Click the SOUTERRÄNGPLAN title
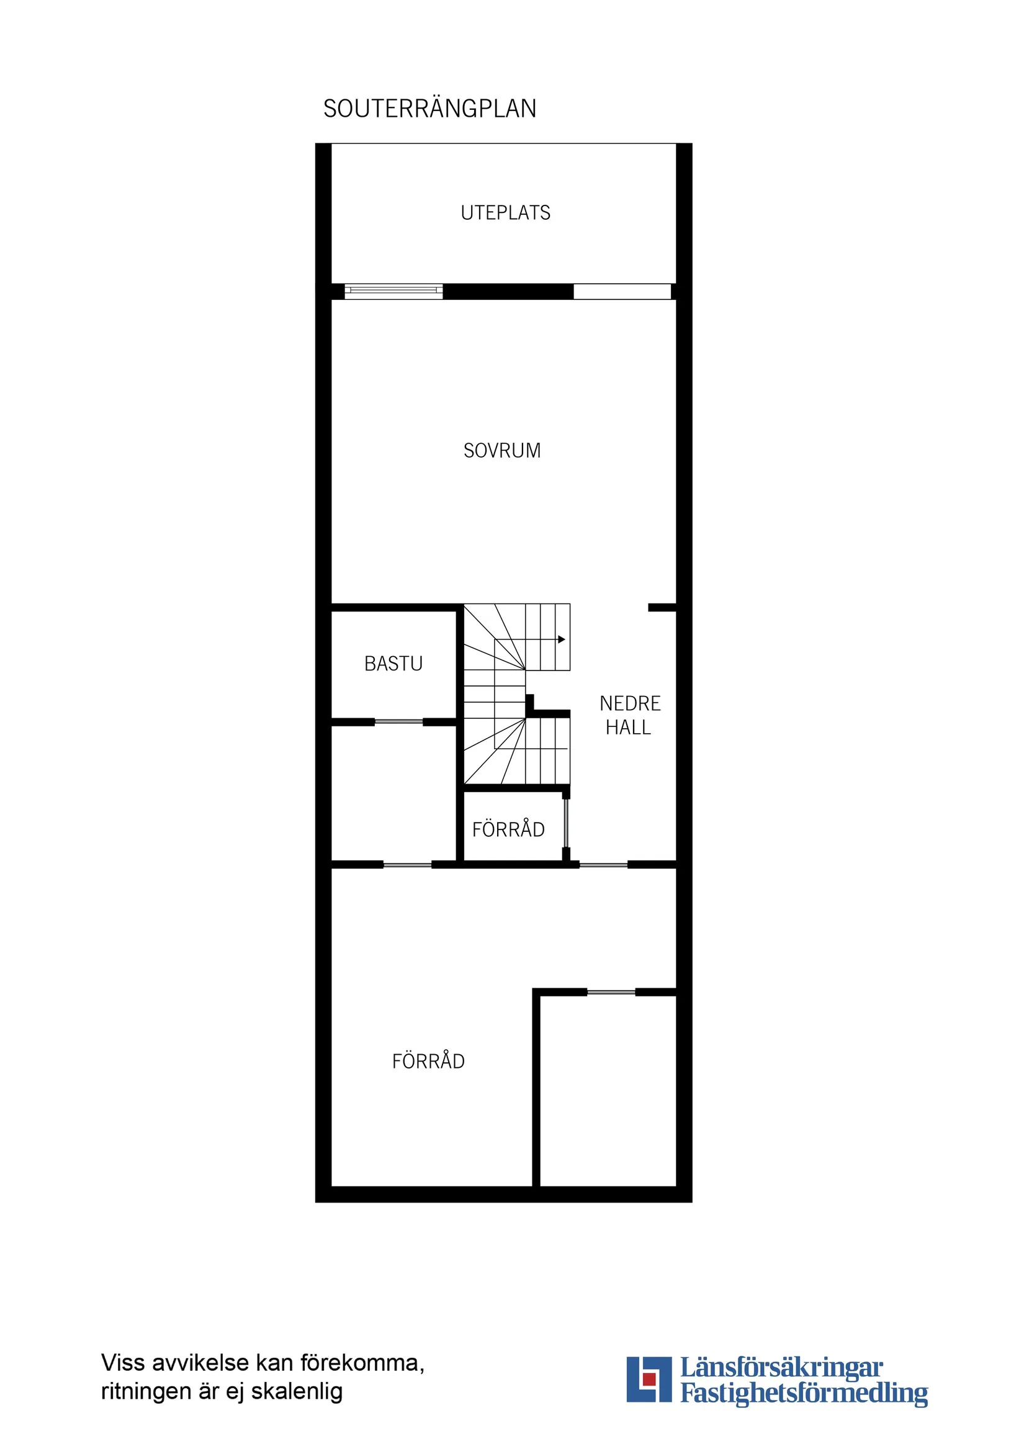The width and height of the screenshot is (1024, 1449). coord(429,109)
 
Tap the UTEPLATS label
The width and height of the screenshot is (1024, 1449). coord(505,214)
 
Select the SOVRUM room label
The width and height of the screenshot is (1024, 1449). coord(502,451)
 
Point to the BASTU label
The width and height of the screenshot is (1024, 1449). coord(393,664)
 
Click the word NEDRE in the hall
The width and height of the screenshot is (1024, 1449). coord(630,703)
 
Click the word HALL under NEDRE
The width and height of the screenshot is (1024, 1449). coord(628,728)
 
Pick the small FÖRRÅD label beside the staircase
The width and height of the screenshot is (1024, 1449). coord(508,829)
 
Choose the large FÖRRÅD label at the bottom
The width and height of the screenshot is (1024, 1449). coord(428,1062)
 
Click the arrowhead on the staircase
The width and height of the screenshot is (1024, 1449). coord(561,639)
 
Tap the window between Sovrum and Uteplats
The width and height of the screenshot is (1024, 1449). coord(393,291)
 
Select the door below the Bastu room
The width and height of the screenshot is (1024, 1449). coord(399,721)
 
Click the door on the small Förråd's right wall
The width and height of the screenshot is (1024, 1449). coord(566,824)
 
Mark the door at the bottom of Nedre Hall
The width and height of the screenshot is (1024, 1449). coord(603,865)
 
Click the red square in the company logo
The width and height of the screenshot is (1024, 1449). coord(649,1396)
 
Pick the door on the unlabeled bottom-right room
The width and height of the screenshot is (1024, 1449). coord(611,993)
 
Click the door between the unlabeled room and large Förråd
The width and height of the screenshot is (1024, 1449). coord(408,865)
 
